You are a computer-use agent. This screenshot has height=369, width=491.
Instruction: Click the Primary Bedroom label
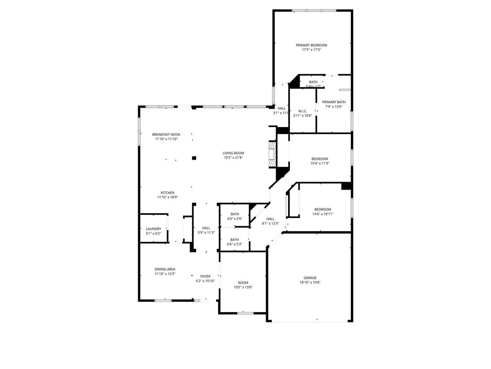pos(311,45)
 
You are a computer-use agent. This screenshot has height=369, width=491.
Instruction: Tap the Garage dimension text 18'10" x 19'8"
pos(310,283)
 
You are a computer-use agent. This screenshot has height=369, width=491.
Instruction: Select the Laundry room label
pos(153,229)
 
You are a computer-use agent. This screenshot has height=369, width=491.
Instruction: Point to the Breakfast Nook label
pos(166,134)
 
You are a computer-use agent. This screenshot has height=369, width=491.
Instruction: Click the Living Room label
pos(233,153)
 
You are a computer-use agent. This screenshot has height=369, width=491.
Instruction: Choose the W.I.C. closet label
pos(302,111)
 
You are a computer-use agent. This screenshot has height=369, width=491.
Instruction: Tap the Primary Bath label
pos(333,102)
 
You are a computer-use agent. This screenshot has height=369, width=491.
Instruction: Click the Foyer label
pos(205,276)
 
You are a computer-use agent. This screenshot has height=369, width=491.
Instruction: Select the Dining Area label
pos(164,269)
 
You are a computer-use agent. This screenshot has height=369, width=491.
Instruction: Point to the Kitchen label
pos(167,193)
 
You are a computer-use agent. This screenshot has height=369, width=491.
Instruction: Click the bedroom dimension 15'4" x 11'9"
pos(320,163)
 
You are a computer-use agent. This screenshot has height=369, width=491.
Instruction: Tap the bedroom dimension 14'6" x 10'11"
pos(322,214)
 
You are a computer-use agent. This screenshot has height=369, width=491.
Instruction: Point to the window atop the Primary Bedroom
pos(314,11)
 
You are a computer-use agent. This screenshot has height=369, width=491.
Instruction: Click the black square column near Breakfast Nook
pos(194,158)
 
